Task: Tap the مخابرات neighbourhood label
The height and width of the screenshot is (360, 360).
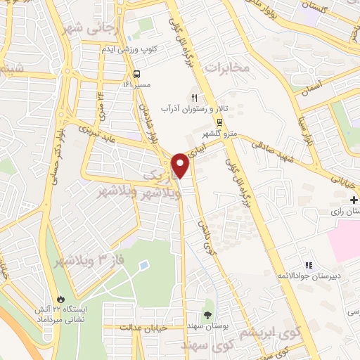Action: click(x=229, y=67)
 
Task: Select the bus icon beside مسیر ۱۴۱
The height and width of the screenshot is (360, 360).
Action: click(x=136, y=73)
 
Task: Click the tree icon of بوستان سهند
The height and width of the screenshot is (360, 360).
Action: click(x=207, y=314)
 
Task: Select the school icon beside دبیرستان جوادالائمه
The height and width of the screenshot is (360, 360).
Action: click(x=308, y=265)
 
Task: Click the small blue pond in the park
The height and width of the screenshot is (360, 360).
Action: click(x=144, y=266)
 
